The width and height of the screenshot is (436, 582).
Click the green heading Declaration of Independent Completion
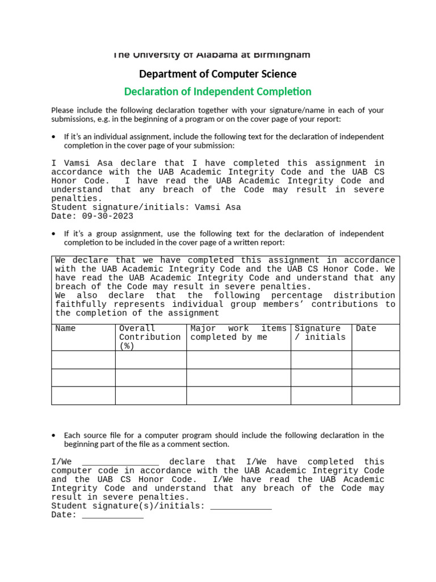217,92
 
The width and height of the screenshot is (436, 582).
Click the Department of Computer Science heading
217,74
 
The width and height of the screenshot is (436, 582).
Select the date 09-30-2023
108,216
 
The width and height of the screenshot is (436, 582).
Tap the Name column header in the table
65,329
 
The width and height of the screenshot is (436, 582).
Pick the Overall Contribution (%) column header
150,337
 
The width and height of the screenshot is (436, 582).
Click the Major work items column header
238,332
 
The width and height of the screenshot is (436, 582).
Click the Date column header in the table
366,329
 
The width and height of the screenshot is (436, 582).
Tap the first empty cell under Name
83,360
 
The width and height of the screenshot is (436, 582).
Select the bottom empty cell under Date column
375,396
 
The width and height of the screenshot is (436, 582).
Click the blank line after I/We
120,462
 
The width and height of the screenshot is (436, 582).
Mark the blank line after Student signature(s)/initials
241,506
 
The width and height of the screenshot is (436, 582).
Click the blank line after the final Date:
112,515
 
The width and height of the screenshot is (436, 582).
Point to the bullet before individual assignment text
53,137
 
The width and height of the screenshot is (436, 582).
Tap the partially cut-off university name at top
211,55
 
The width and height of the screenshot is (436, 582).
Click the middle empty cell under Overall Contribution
150,378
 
